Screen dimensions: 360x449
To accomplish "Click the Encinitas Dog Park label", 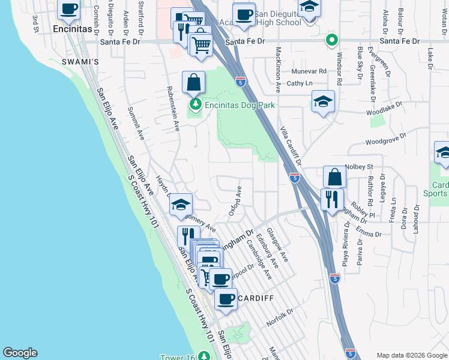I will (240, 105).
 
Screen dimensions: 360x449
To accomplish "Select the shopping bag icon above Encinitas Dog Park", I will (194, 83).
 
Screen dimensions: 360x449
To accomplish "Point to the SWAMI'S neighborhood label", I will (76, 62).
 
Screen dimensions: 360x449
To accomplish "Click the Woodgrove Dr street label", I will (385, 141).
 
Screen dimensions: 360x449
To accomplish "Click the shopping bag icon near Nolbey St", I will (334, 177).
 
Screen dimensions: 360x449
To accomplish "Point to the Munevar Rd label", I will (310, 71).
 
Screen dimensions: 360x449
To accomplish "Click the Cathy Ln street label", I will (300, 83).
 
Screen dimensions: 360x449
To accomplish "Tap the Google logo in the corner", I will (20, 353).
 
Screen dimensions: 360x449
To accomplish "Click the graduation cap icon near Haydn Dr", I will (181, 205).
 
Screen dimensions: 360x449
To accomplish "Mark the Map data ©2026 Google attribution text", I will (412, 355).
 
